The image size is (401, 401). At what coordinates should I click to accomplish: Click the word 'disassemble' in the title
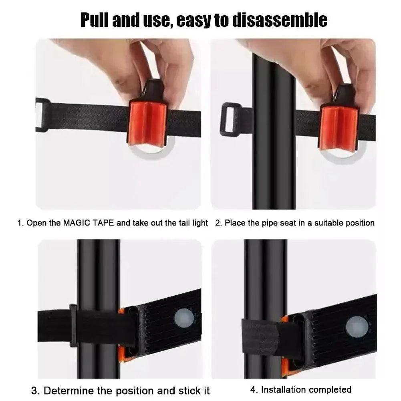pyautogui.click(x=280, y=20)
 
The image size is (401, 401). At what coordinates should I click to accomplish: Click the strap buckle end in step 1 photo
pyautogui.click(x=41, y=115)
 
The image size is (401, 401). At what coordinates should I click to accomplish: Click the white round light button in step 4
pyautogui.click(x=357, y=327)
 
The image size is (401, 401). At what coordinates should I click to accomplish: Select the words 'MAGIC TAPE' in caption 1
pyautogui.click(x=89, y=223)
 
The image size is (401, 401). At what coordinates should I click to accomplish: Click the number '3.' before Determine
pyautogui.click(x=35, y=391)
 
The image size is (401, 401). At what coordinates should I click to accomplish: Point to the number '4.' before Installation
pyautogui.click(x=254, y=390)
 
